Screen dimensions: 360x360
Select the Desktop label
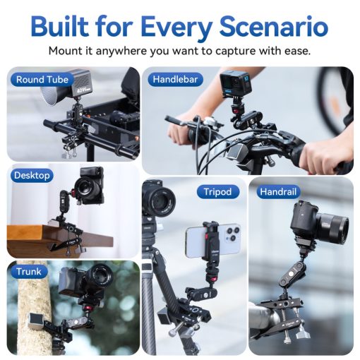point(32,175)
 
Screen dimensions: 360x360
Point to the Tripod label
point(217,191)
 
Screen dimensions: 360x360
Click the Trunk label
point(29,271)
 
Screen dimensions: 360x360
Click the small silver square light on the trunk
point(32,323)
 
